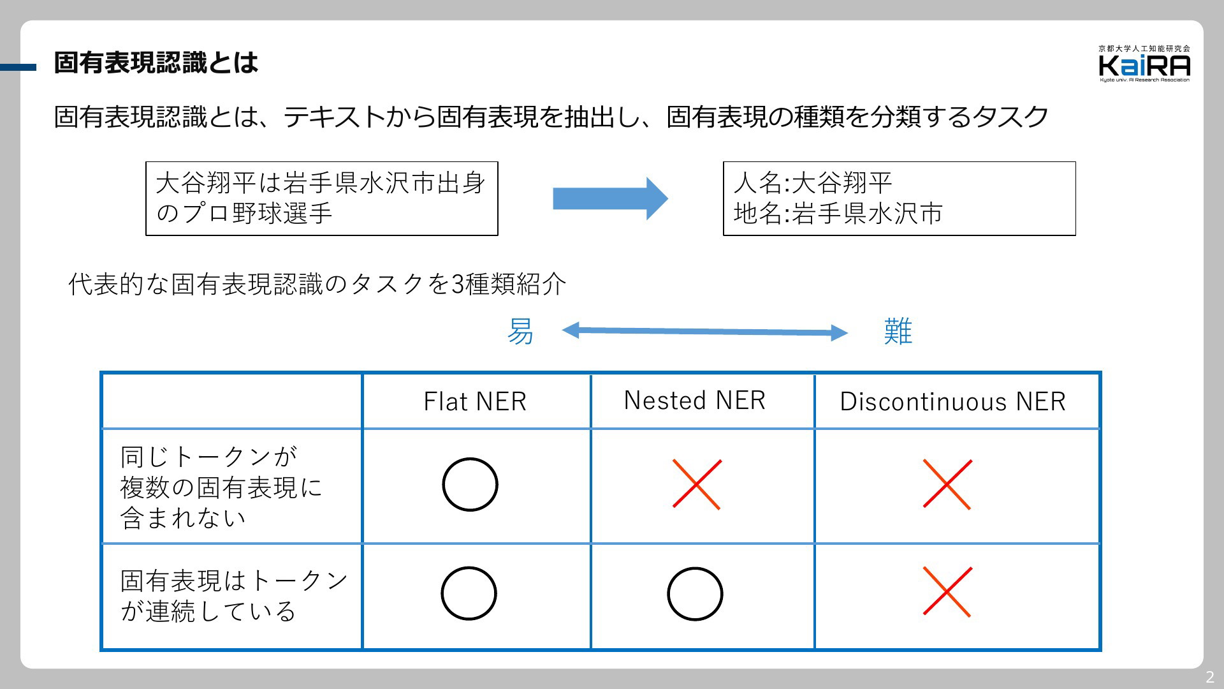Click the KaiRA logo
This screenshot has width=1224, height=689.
[x=1144, y=64]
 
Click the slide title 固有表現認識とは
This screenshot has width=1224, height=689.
[x=156, y=63]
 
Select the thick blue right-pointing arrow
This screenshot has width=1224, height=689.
[x=610, y=198]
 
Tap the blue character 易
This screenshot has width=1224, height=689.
[x=520, y=332]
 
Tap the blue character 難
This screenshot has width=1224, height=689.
[x=898, y=332]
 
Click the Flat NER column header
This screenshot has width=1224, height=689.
[x=475, y=401]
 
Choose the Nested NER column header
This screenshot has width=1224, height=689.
[x=694, y=400]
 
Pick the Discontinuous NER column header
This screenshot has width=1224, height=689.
[x=952, y=401]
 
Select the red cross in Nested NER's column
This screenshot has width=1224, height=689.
[x=697, y=484]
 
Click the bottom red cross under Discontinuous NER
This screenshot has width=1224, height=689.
[x=947, y=592]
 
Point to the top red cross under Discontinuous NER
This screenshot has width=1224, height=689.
[x=947, y=484]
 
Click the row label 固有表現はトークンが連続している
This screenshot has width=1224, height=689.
[x=234, y=596]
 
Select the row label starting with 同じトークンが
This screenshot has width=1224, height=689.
[x=221, y=487]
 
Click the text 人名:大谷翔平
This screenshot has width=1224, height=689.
[x=812, y=183]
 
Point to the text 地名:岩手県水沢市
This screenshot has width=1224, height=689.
[x=838, y=214]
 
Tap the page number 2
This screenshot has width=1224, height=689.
[x=1209, y=677]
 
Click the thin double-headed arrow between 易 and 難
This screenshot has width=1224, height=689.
[x=704, y=331]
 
